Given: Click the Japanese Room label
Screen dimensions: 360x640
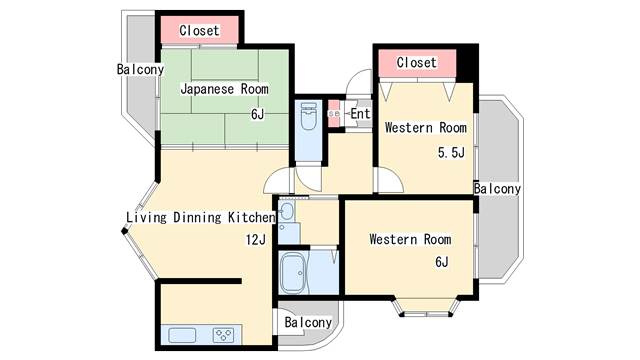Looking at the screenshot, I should (224, 89).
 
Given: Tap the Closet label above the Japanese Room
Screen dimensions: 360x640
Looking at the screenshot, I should (199, 31).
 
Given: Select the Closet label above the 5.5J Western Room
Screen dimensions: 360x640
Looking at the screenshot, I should (416, 62).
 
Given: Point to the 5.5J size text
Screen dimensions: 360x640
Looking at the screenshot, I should (451, 153).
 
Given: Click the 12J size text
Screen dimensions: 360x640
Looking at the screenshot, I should (256, 239).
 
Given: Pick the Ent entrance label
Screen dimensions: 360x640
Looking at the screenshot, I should (360, 114).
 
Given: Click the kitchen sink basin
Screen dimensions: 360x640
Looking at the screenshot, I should (183, 335).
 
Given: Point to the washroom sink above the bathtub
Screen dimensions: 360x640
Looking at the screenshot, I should (287, 212).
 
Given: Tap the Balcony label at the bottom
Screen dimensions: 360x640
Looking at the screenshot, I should (307, 323).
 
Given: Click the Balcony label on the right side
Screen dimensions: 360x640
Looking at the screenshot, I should (497, 189).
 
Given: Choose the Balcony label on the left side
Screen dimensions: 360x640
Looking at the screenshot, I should (140, 70).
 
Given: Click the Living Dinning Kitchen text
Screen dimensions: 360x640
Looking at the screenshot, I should (200, 217).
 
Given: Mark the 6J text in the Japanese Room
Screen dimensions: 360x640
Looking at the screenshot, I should (257, 114).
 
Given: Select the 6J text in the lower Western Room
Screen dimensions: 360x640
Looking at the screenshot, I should (441, 263).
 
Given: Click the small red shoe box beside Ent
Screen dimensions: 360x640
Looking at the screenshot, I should (334, 113).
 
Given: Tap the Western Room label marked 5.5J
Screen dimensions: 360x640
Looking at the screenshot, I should (426, 128).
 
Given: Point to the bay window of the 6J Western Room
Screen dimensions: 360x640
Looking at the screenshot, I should (424, 305).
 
